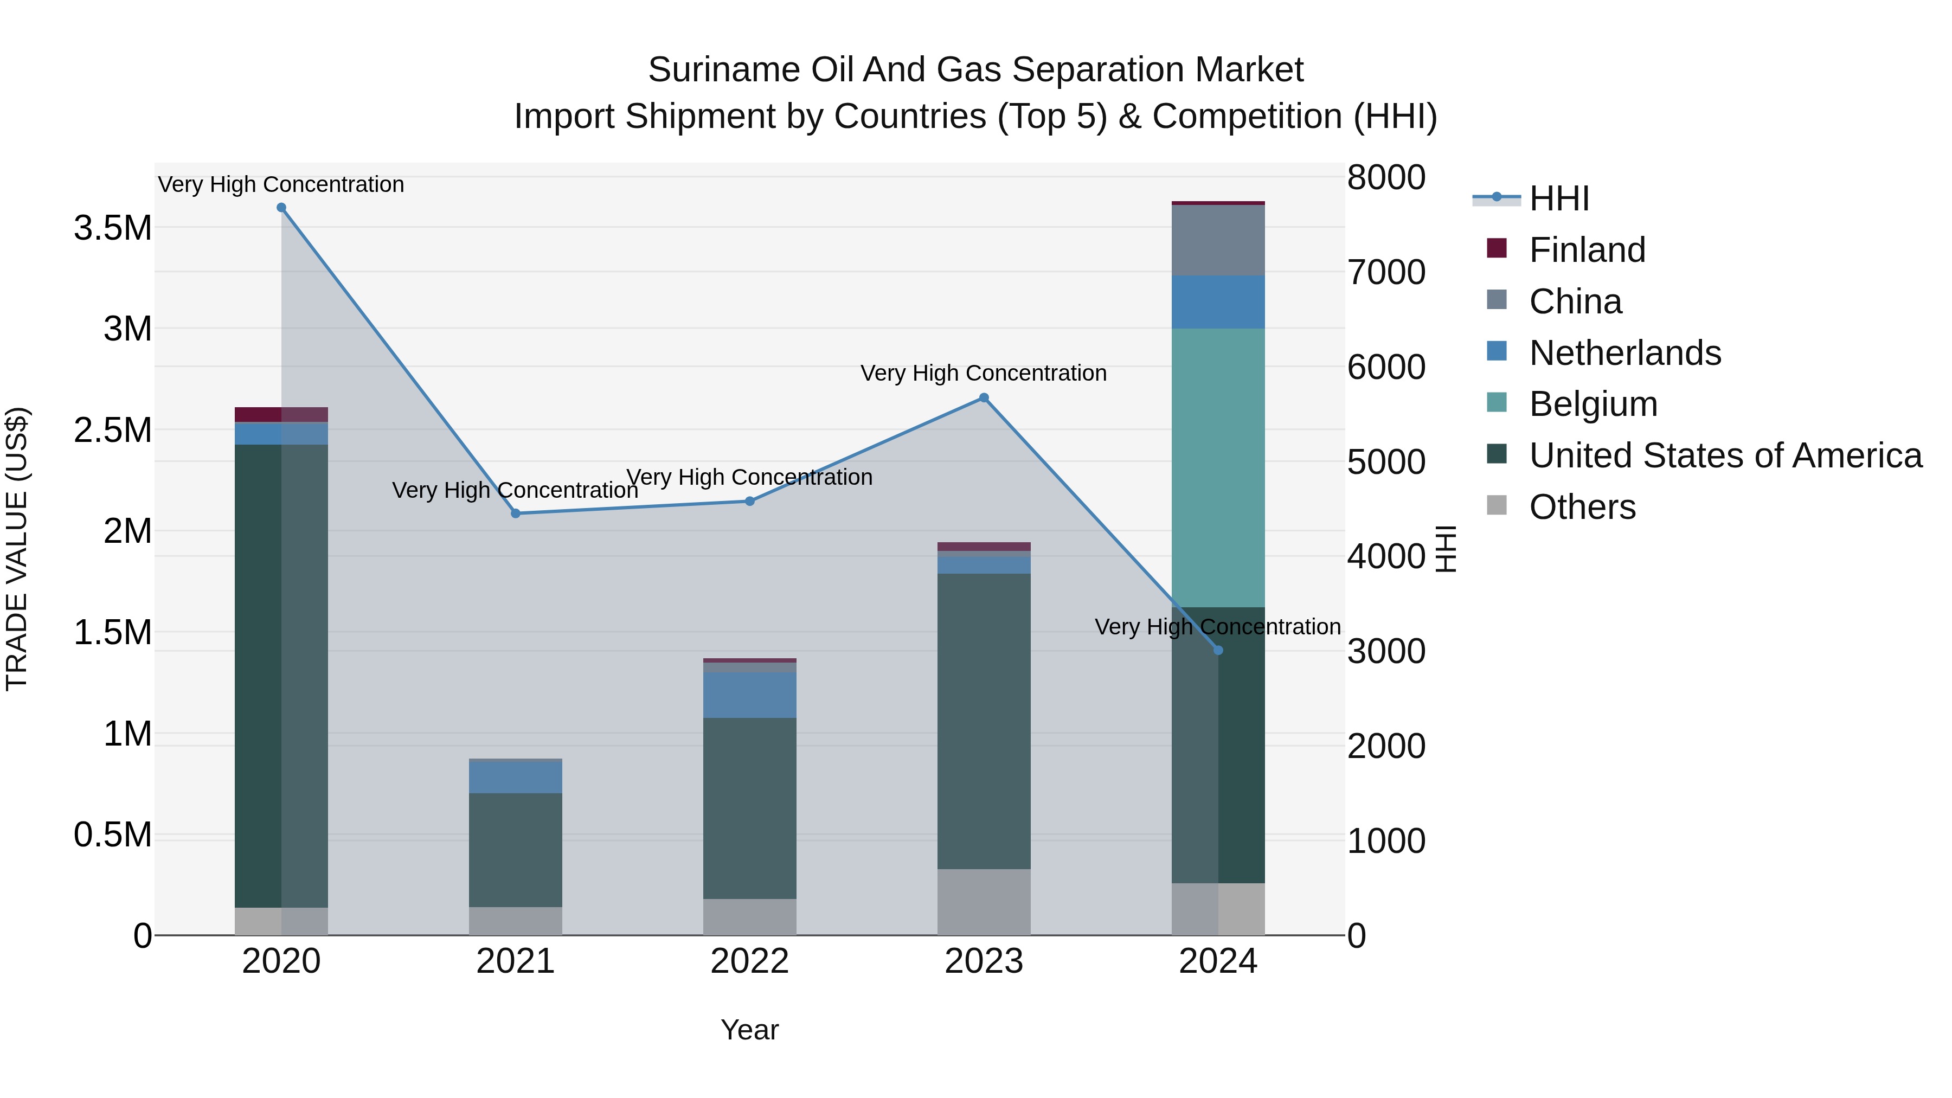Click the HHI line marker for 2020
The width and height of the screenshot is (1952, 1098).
(x=281, y=208)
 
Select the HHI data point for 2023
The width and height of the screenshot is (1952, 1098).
(x=984, y=398)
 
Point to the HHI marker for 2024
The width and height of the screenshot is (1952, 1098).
(x=1218, y=650)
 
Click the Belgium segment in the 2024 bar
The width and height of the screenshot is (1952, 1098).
(x=1218, y=467)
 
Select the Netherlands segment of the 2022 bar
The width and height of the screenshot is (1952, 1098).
(x=749, y=695)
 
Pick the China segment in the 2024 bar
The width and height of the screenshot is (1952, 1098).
(x=1218, y=240)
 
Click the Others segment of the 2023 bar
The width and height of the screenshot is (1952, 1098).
(x=984, y=902)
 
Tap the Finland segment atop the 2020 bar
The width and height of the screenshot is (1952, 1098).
(x=281, y=414)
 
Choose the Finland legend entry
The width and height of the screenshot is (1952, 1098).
(x=1587, y=250)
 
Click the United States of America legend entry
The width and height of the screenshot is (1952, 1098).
(x=1725, y=455)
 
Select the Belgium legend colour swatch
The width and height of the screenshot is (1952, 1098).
(x=1497, y=402)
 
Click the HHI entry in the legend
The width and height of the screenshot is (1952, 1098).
(x=1559, y=198)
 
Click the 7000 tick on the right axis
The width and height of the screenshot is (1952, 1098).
(x=1386, y=273)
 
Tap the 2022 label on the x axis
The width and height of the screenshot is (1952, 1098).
(x=749, y=961)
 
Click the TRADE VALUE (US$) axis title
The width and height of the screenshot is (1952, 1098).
(x=17, y=549)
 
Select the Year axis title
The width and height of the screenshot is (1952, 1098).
(x=749, y=1030)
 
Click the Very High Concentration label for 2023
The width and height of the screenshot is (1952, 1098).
(x=984, y=373)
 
